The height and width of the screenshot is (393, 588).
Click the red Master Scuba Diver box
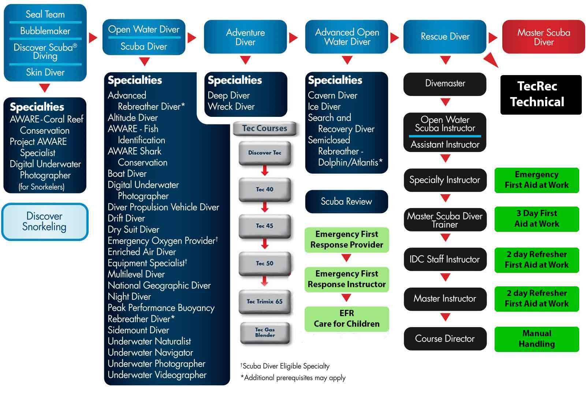(x=543, y=37)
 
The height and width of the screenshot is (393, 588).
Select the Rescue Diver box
(x=445, y=37)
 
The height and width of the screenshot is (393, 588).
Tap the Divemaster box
(x=445, y=84)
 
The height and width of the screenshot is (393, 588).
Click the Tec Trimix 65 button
(x=265, y=302)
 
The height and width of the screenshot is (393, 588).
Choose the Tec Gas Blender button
(x=265, y=333)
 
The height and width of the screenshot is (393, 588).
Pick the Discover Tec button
(x=265, y=153)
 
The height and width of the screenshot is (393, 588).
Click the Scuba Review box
(x=346, y=201)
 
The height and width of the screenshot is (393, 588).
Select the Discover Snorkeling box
(x=45, y=222)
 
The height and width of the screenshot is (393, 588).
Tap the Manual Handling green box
(x=537, y=339)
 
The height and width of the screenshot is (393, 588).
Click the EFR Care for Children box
(x=347, y=319)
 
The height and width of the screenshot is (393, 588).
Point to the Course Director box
(x=445, y=339)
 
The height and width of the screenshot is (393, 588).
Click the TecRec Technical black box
(x=541, y=95)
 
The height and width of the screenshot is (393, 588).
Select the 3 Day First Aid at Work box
(x=537, y=219)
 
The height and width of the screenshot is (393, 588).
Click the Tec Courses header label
(x=265, y=128)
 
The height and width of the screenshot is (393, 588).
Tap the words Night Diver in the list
(x=129, y=297)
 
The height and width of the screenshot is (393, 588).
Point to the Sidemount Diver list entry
(x=138, y=330)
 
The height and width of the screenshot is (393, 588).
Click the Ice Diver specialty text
(x=324, y=107)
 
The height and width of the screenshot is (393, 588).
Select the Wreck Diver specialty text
(x=231, y=107)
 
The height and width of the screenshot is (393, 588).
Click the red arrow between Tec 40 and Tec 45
(x=265, y=207)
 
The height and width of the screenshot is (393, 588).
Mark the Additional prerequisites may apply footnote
(x=293, y=378)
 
